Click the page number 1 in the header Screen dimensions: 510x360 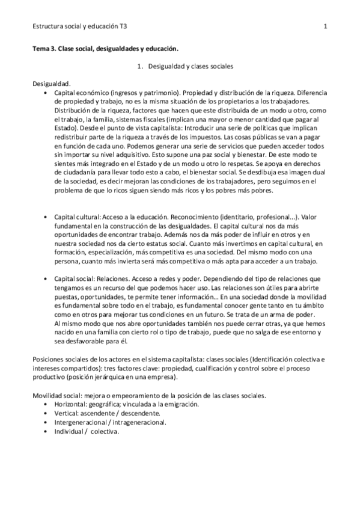coord(325,26)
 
